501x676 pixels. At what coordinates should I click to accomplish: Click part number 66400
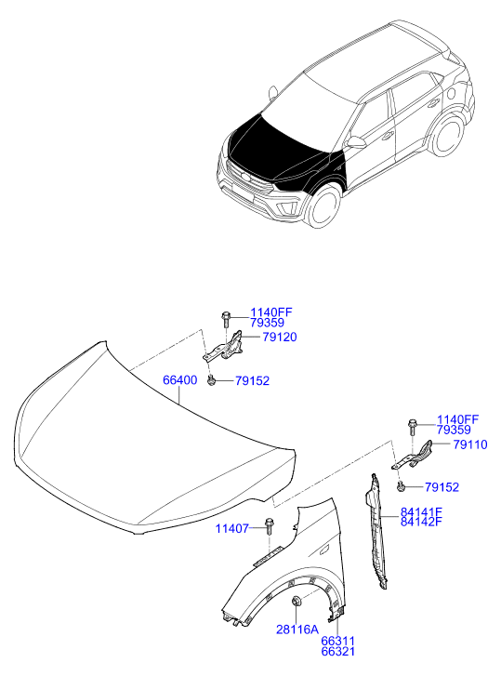click(x=179, y=380)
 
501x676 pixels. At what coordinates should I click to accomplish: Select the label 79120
click(x=280, y=337)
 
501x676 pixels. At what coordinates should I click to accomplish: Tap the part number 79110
click(x=470, y=444)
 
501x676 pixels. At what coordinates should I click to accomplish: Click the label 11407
click(x=232, y=528)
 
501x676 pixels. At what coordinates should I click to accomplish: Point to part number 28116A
click(x=297, y=630)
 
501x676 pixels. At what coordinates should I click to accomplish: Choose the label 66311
click(x=338, y=641)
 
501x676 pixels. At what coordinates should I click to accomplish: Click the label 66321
click(x=338, y=651)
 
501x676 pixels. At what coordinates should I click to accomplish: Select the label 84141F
click(x=421, y=512)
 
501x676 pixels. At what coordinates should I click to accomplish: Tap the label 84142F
click(x=421, y=522)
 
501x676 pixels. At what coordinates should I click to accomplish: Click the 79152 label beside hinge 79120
click(x=252, y=380)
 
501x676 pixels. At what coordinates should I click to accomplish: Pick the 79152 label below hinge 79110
click(x=442, y=487)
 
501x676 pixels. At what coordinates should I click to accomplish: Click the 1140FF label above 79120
click(x=271, y=312)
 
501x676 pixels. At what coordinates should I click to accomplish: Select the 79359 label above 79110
click(x=454, y=430)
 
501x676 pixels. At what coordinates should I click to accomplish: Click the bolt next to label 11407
click(x=270, y=526)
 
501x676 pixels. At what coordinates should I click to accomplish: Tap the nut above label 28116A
click(x=296, y=601)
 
